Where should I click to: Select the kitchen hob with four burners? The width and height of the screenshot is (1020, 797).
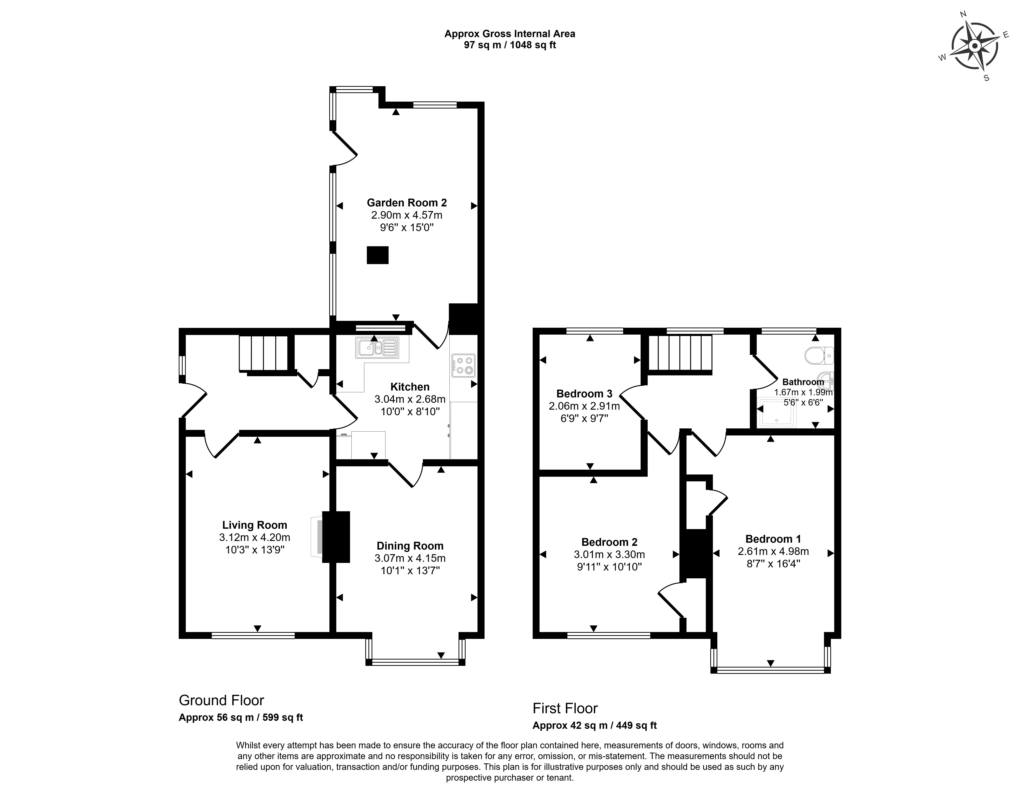[463, 366]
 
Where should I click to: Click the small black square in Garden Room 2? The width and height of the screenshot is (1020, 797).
[377, 255]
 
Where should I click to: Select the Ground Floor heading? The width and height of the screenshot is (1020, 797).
[221, 700]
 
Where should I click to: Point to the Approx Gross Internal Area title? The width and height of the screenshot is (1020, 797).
[509, 34]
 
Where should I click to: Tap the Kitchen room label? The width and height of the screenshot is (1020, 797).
[410, 387]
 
